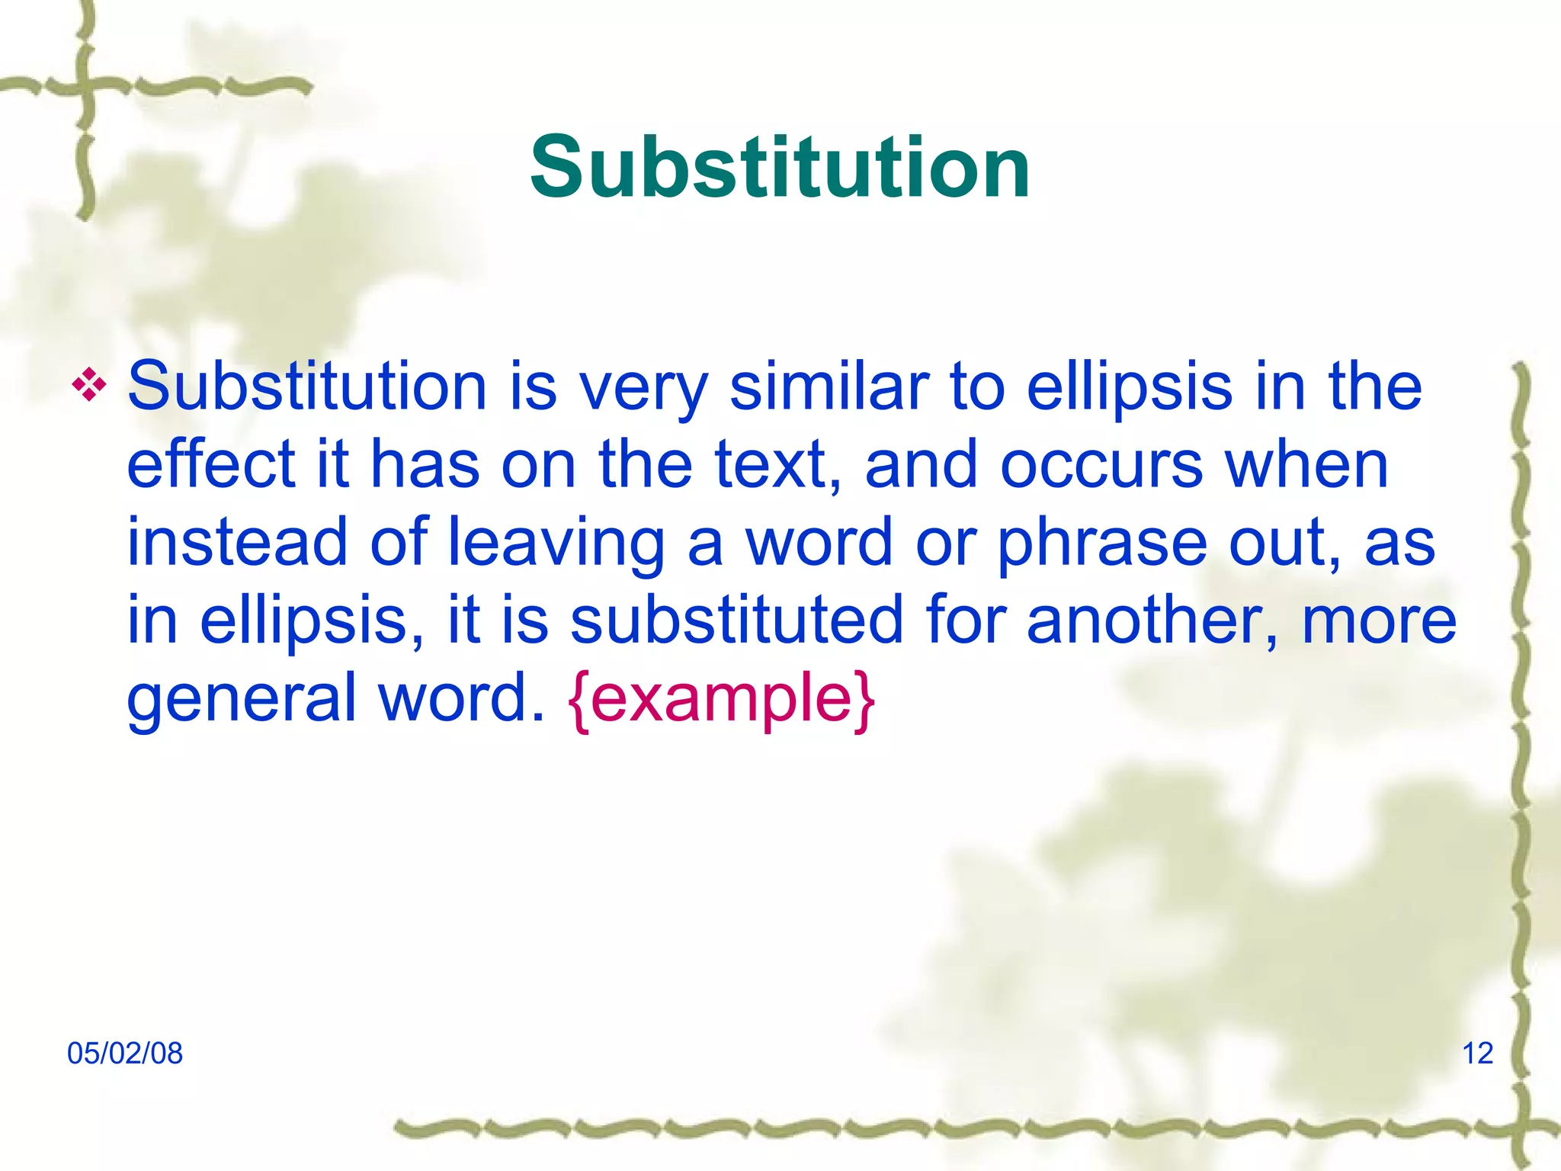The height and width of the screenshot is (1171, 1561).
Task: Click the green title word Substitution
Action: (x=780, y=168)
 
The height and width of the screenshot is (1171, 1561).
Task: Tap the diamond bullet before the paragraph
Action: (x=89, y=386)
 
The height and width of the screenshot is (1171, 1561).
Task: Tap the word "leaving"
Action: (x=556, y=543)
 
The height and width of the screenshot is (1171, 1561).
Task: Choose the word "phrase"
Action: (x=1102, y=543)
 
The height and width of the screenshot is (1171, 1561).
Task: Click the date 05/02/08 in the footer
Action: (x=125, y=1054)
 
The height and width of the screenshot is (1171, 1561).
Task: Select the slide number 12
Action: (x=1477, y=1054)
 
